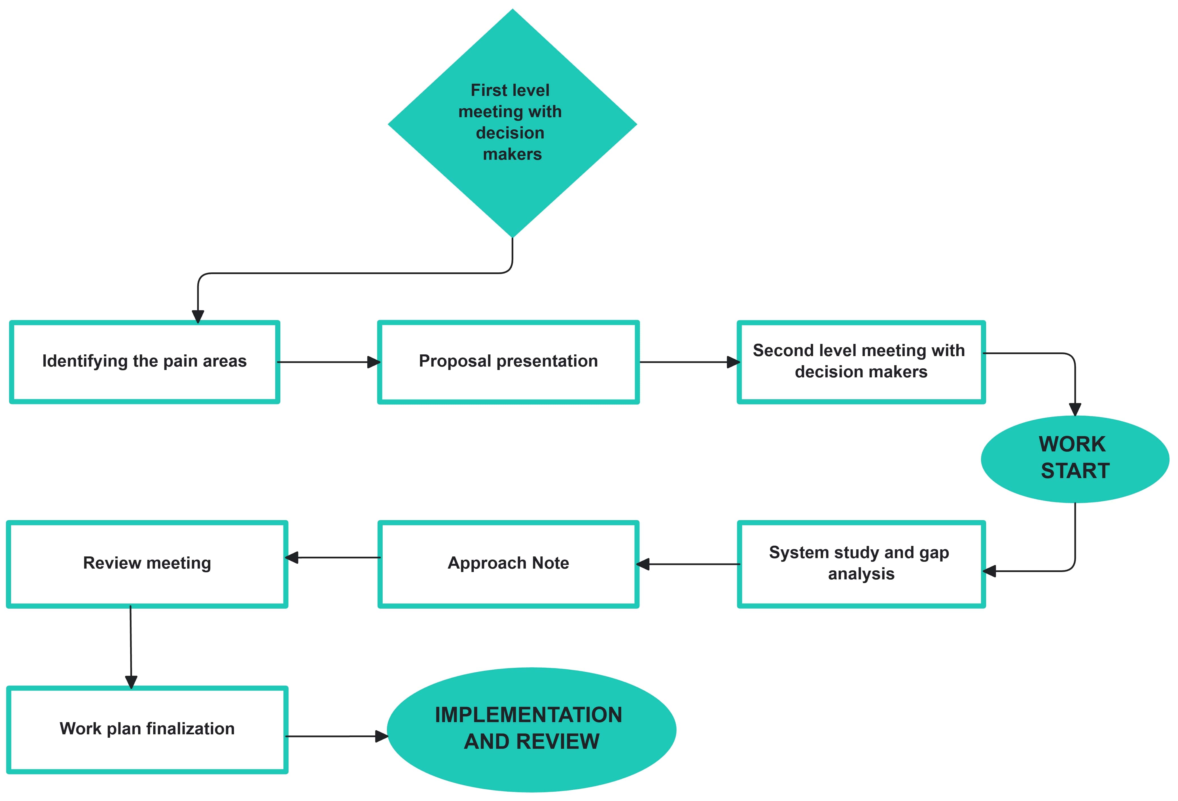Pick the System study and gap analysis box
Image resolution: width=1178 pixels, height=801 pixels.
(861, 564)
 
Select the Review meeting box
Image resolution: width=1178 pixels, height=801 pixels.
(147, 564)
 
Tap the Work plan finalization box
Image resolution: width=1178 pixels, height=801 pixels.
(147, 729)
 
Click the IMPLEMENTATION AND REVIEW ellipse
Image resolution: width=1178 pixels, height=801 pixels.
(531, 729)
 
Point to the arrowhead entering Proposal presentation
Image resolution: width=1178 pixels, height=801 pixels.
(374, 362)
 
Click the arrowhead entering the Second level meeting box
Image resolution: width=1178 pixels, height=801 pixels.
(733, 362)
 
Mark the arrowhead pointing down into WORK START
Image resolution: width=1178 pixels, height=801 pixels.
(1075, 409)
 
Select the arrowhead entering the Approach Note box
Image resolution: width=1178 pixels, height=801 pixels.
(643, 564)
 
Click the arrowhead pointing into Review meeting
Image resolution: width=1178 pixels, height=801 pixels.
(292, 558)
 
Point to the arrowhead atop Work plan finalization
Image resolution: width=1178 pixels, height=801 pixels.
(131, 682)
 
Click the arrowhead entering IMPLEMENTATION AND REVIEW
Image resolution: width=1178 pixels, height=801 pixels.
(381, 736)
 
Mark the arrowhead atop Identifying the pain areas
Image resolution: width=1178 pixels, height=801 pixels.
(198, 317)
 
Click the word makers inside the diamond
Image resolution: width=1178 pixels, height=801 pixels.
(512, 154)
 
